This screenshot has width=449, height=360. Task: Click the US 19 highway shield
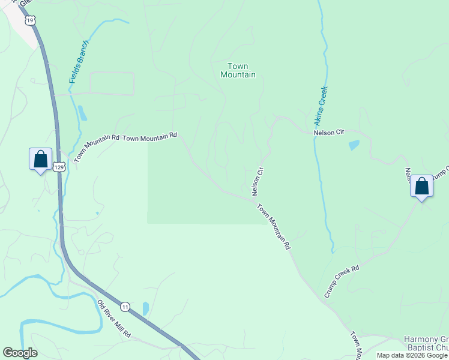point(31,20)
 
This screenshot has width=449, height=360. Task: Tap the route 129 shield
point(58,167)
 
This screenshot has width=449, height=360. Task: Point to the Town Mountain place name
point(238,70)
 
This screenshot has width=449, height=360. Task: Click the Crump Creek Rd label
point(342,281)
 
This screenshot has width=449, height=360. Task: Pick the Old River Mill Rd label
point(114,317)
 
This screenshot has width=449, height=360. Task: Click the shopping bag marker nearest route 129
point(40,160)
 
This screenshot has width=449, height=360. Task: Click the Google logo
point(20,353)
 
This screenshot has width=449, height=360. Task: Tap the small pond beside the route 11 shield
point(146,308)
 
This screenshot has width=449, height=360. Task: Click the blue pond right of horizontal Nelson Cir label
point(354,145)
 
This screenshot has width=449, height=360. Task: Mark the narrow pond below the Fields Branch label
point(82,113)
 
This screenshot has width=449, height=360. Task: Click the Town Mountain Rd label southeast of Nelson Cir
point(274,227)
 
